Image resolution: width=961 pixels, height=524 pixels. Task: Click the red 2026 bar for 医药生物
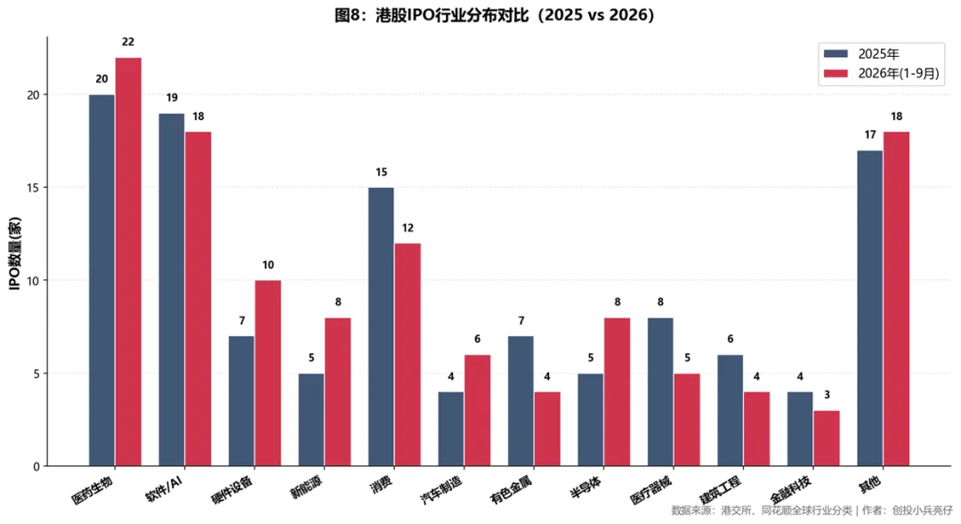click(x=128, y=262)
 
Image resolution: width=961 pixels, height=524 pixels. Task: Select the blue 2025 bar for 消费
click(x=381, y=326)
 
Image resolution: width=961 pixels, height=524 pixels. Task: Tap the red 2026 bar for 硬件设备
click(x=268, y=374)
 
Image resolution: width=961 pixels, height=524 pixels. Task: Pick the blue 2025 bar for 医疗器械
click(x=660, y=392)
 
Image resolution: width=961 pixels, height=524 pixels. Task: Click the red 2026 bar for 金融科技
click(x=827, y=439)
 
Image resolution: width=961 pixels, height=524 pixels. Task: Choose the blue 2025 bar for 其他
click(x=869, y=309)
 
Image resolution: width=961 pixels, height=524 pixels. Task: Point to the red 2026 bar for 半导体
click(x=618, y=392)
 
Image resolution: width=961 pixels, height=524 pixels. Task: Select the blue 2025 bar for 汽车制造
click(x=450, y=429)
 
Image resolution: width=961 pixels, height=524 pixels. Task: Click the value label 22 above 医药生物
click(x=128, y=42)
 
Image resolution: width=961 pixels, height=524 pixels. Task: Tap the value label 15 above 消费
click(x=381, y=173)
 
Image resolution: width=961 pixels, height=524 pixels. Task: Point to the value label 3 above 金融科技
click(x=827, y=395)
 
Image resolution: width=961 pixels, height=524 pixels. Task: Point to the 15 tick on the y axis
click(x=33, y=188)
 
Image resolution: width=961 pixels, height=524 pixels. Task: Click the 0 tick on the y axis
click(x=36, y=466)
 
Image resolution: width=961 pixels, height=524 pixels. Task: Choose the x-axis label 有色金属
click(x=512, y=490)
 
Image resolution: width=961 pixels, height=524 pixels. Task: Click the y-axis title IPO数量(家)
click(x=15, y=254)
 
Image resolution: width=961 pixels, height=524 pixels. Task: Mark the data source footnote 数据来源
click(x=812, y=511)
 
